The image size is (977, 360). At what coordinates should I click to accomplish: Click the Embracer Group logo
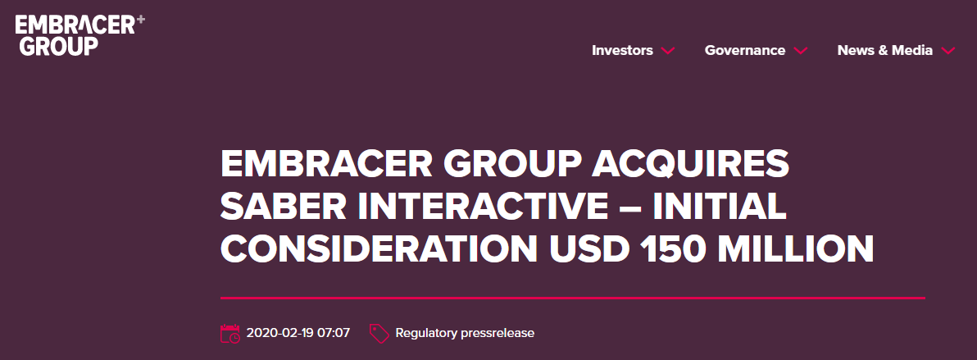pyautogui.click(x=80, y=35)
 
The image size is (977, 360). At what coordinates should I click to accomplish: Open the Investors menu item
pyautogui.click(x=622, y=51)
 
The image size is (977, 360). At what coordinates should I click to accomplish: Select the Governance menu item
pyautogui.click(x=744, y=51)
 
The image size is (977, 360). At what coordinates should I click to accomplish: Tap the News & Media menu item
pyautogui.click(x=884, y=51)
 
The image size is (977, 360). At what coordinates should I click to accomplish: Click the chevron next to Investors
pyautogui.click(x=667, y=51)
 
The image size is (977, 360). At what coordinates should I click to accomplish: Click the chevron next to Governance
pyautogui.click(x=801, y=51)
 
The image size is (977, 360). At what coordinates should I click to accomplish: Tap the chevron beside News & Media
pyautogui.click(x=947, y=51)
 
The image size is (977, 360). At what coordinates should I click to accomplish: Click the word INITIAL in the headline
pyautogui.click(x=720, y=207)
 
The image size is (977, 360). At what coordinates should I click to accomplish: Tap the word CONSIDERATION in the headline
pyautogui.click(x=379, y=248)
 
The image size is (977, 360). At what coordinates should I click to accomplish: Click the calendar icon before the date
pyautogui.click(x=230, y=333)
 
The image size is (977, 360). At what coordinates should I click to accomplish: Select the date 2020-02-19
pyautogui.click(x=279, y=333)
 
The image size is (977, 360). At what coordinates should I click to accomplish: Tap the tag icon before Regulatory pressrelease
pyautogui.click(x=379, y=334)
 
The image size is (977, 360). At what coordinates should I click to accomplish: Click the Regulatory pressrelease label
pyautogui.click(x=465, y=334)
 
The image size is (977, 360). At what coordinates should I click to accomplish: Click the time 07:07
pyautogui.click(x=334, y=333)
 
